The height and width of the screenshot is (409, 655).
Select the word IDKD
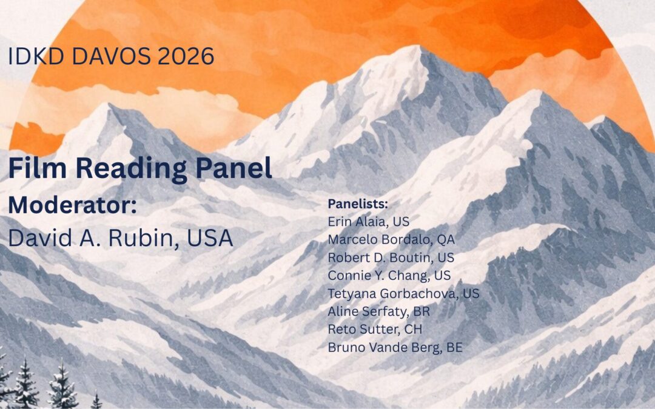(x=33, y=56)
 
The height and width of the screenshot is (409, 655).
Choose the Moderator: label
(x=72, y=205)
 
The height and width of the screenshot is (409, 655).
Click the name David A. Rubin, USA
(x=120, y=238)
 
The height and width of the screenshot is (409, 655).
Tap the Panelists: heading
(x=358, y=203)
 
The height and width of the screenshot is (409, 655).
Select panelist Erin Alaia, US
(x=368, y=221)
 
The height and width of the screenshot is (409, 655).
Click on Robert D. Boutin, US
(x=391, y=258)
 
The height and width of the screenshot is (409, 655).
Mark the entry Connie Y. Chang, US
(x=389, y=276)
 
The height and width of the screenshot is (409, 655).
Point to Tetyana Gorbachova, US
(x=403, y=294)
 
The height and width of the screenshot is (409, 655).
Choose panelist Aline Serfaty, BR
(x=378, y=312)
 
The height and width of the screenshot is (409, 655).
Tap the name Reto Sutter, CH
(x=375, y=330)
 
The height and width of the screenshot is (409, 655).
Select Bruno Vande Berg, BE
(x=395, y=348)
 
